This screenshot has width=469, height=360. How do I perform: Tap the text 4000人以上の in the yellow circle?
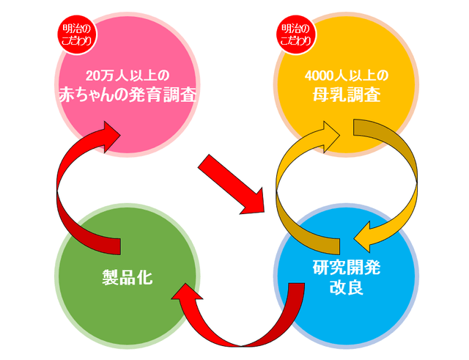click(x=347, y=76)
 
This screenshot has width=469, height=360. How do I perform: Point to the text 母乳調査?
click(x=346, y=95)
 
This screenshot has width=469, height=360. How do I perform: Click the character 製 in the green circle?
click(x=108, y=276)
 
